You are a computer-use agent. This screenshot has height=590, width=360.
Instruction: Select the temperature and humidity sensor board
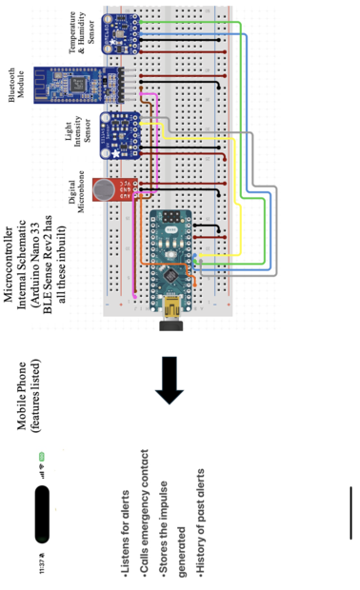120,33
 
